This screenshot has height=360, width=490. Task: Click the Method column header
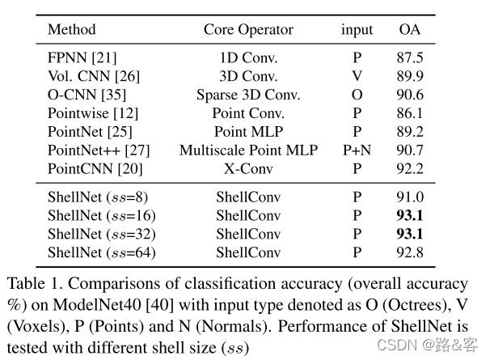tap(71, 30)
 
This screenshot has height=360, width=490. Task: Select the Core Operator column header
tap(248, 30)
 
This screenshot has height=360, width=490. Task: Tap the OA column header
tap(410, 30)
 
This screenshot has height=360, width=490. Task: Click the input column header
tap(357, 30)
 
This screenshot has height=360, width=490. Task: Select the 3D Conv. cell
tap(248, 77)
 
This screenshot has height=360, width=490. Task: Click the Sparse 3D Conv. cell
tap(248, 95)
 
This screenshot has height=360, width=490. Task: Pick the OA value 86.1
tap(410, 113)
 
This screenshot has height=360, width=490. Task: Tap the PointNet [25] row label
tap(90, 132)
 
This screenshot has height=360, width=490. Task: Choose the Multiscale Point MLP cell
tap(248, 150)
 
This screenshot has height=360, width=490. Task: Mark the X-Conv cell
tap(248, 168)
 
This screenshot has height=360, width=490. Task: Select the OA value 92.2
tap(410, 168)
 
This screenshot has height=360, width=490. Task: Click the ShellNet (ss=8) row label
tap(98, 197)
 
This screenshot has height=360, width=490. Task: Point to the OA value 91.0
tap(410, 197)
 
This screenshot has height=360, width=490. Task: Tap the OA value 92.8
tap(410, 252)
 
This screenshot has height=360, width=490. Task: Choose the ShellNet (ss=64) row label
tap(101, 252)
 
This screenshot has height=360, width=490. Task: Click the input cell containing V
tap(357, 77)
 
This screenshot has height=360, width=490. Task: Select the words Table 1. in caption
tap(32, 285)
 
